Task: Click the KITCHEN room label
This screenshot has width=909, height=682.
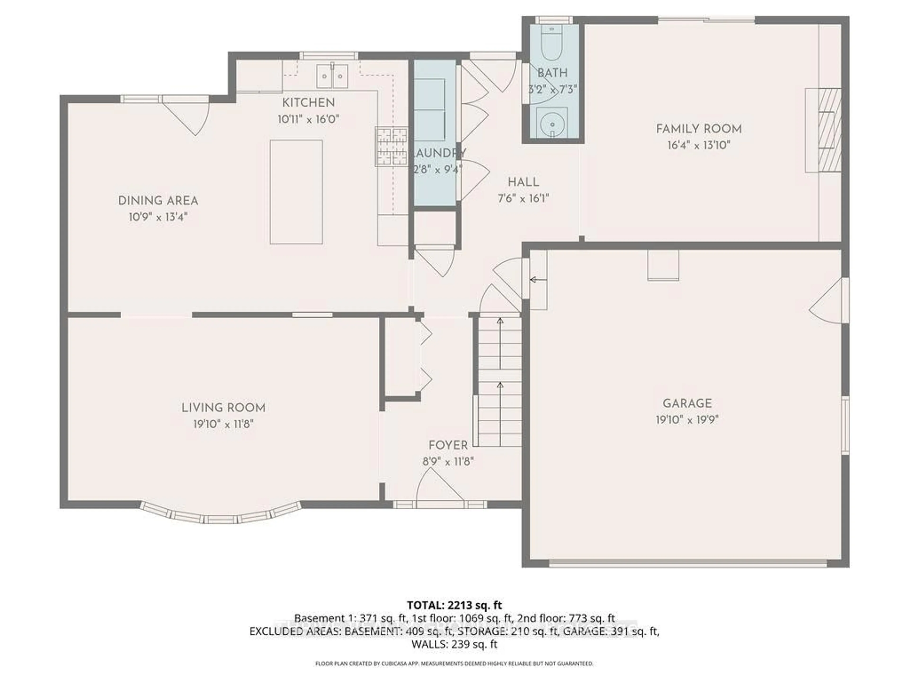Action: [308, 103]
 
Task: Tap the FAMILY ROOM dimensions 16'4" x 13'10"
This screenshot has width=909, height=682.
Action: [699, 145]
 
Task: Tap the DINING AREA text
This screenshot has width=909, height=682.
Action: [158, 201]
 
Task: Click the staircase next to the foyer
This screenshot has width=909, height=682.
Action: [499, 382]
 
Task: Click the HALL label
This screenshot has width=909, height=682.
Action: [523, 182]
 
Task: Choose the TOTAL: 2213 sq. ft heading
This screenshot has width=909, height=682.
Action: [454, 605]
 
